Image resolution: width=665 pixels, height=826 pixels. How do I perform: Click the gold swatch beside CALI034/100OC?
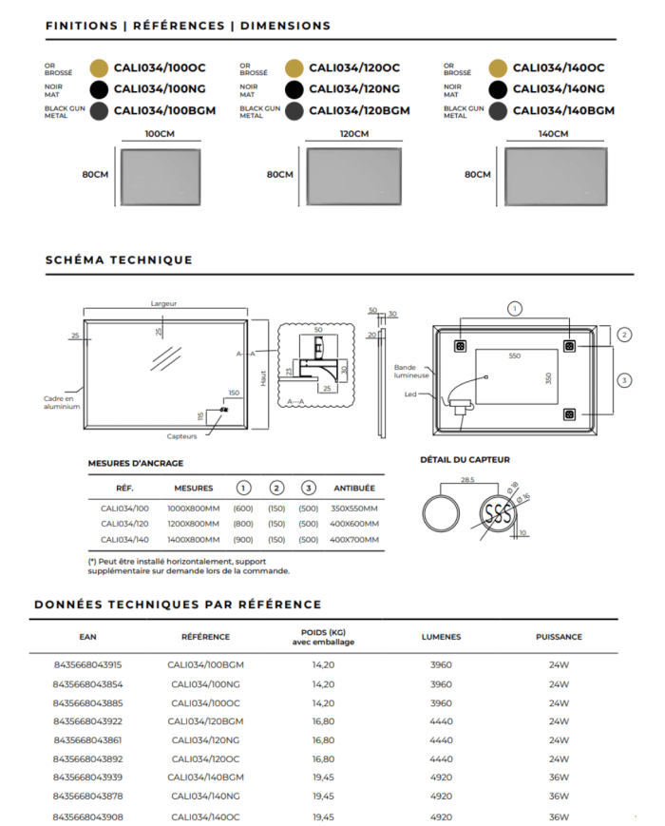tap(98, 67)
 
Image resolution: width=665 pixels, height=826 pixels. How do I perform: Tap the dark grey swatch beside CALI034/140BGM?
tap(497, 110)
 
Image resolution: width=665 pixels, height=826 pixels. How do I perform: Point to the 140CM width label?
tap(553, 134)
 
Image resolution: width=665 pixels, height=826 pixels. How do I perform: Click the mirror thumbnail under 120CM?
tap(353, 175)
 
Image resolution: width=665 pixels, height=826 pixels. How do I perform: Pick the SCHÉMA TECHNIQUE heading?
tap(119, 259)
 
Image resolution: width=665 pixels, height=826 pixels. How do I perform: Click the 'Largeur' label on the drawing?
tap(163, 303)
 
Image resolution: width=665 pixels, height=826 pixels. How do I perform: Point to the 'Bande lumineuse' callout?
tap(411, 371)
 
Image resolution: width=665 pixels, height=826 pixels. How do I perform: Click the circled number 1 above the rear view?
tap(514, 308)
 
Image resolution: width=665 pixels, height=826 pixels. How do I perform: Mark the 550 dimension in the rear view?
tap(514, 355)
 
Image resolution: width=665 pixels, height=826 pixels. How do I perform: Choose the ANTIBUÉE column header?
tap(353, 488)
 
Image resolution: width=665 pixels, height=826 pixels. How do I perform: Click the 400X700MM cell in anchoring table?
tap(353, 540)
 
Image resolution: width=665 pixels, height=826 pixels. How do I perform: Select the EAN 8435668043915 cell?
tap(87, 665)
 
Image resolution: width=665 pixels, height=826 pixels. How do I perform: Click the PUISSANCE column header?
tap(559, 637)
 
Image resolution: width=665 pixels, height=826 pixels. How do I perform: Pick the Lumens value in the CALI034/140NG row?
tap(441, 797)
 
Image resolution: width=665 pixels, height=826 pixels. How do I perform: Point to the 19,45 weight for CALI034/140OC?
tap(323, 816)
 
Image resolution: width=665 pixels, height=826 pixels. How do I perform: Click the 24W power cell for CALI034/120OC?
tap(559, 759)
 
